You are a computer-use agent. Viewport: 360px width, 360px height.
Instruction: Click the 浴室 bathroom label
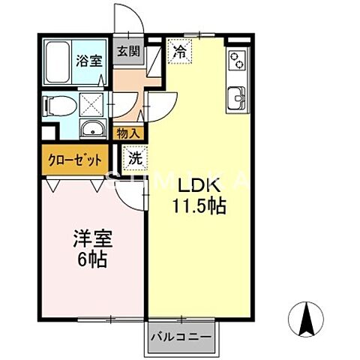click(x=90, y=61)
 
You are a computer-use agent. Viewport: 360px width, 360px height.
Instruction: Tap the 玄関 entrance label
click(x=128, y=52)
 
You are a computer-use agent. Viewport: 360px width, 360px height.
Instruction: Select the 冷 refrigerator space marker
click(x=180, y=52)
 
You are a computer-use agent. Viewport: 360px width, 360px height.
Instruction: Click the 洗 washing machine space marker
click(x=134, y=158)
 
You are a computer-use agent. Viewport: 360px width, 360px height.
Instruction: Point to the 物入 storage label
click(x=128, y=133)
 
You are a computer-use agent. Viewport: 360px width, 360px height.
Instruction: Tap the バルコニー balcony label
click(x=182, y=334)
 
